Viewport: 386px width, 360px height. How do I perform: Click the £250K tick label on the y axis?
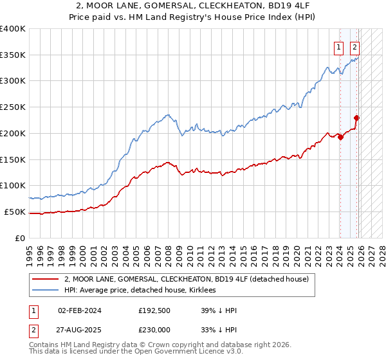click(x=13, y=107)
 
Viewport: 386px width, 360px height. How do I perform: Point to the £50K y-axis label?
click(x=15, y=212)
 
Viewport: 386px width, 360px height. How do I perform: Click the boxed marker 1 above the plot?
click(x=338, y=46)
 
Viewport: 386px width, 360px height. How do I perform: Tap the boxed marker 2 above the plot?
click(x=354, y=46)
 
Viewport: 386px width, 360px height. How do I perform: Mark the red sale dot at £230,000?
click(x=356, y=118)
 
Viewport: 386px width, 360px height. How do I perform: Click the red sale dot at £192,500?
click(x=340, y=137)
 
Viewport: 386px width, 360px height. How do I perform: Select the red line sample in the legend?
click(x=46, y=279)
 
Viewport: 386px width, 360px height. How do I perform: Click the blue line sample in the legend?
click(x=46, y=290)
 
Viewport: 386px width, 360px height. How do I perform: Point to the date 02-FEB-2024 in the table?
click(x=79, y=310)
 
